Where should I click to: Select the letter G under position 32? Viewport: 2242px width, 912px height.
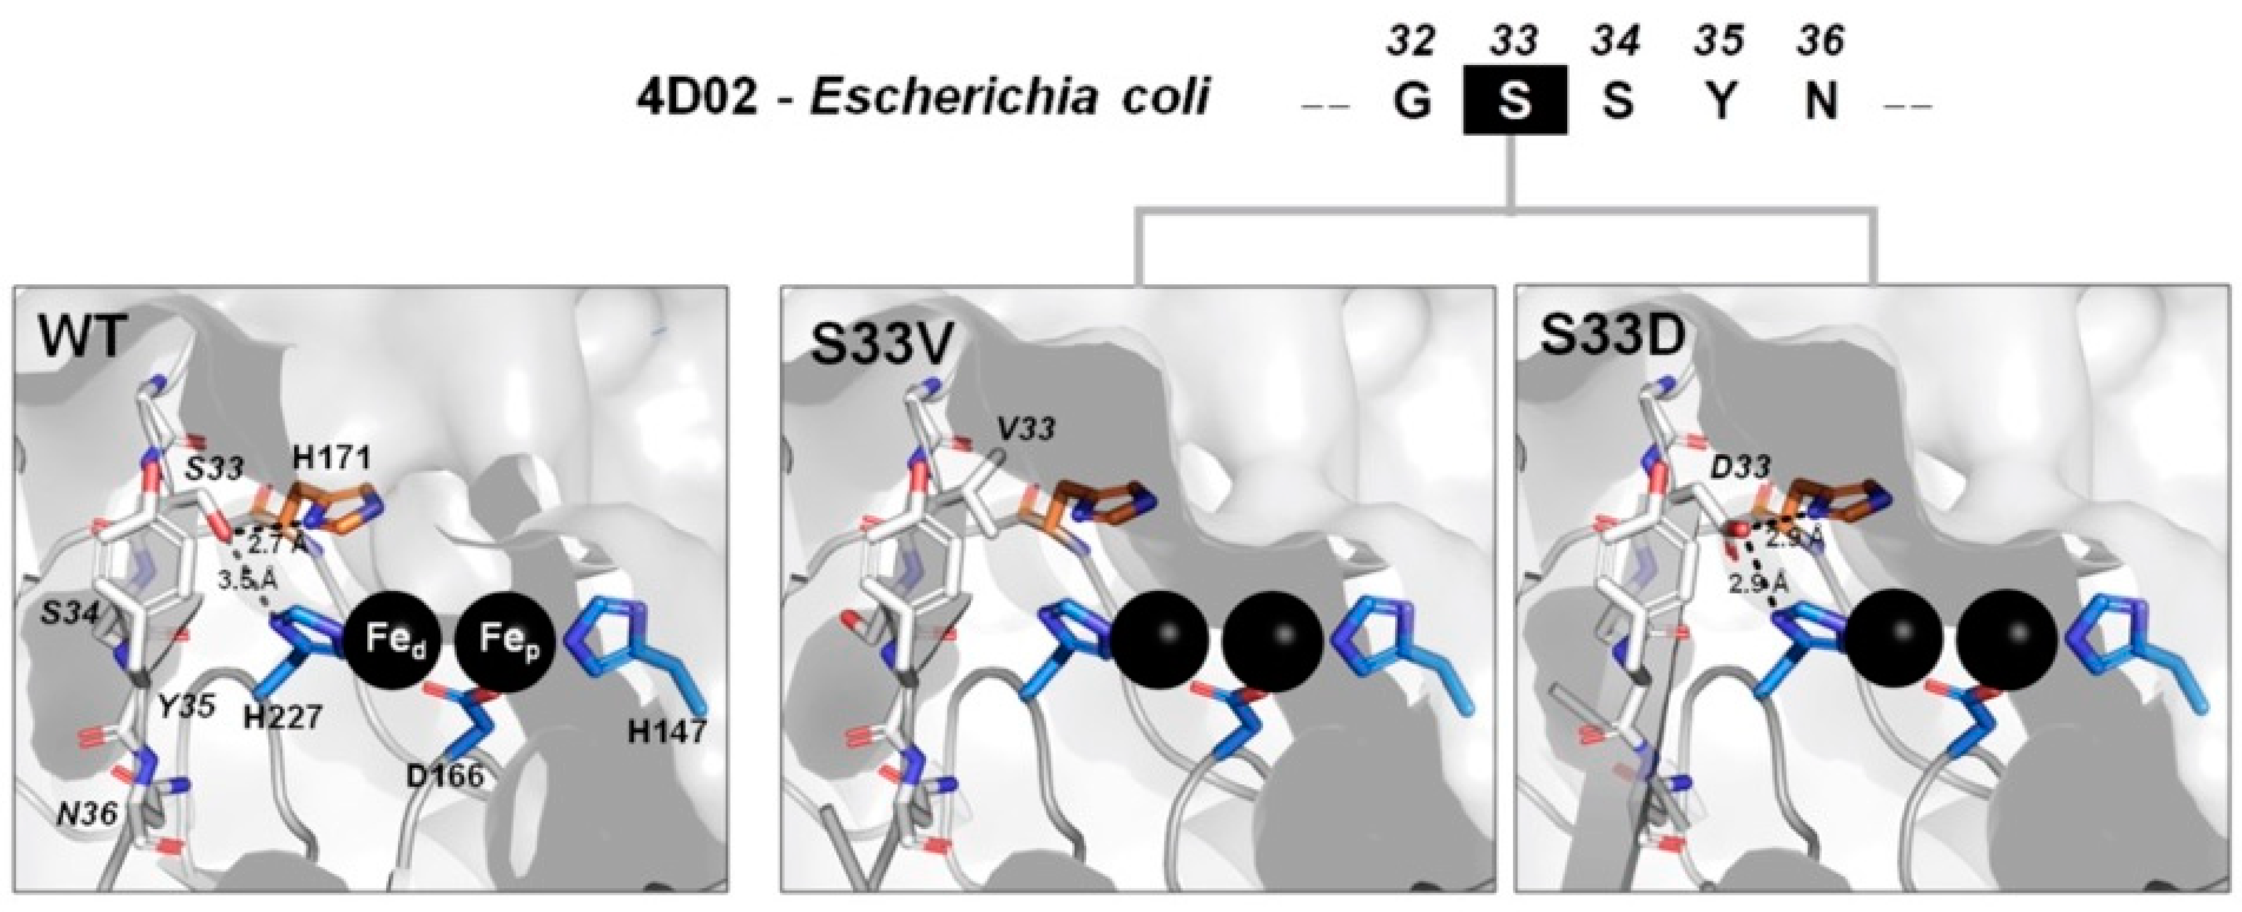click(1412, 101)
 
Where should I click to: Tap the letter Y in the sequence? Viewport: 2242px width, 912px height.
click(1721, 101)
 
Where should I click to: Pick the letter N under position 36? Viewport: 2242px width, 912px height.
click(1821, 101)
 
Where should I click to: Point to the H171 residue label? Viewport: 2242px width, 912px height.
click(332, 458)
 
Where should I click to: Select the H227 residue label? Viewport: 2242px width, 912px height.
click(284, 716)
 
